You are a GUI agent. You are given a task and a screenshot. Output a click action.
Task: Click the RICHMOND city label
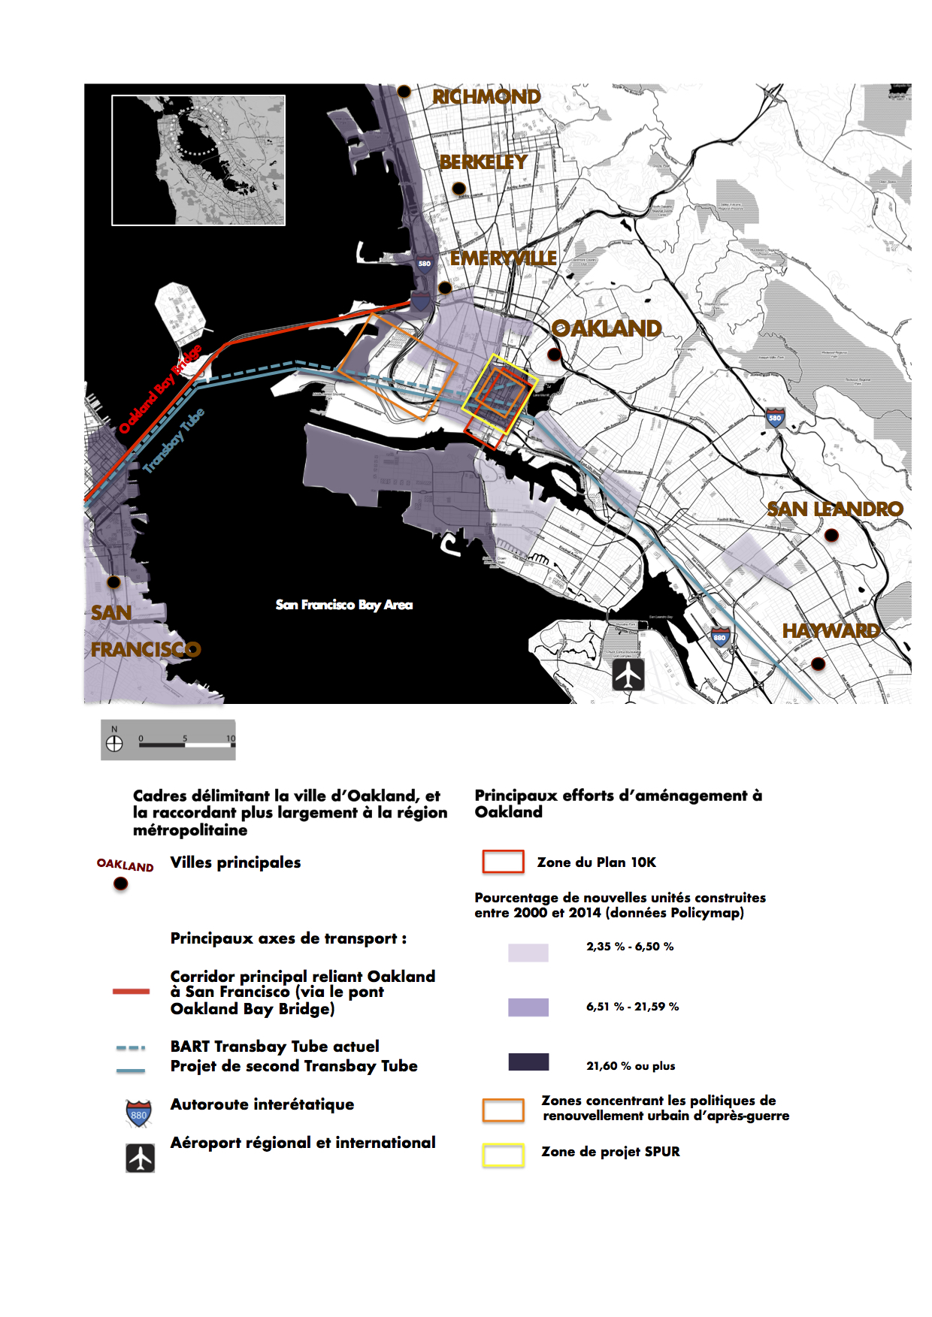point(486,97)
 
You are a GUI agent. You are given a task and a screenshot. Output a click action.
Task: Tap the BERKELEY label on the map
point(483,162)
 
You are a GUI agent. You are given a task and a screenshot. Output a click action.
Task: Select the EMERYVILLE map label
point(503,258)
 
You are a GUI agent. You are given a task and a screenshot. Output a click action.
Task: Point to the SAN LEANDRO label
point(835,509)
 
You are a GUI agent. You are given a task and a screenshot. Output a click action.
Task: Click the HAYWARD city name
point(831,631)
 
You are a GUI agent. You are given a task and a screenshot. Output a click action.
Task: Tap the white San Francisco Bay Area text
point(344,605)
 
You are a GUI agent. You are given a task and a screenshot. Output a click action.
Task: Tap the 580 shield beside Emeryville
point(425,263)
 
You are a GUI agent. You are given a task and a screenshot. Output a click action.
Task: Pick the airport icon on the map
point(628,675)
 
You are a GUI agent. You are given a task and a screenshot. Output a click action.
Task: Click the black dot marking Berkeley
point(459,188)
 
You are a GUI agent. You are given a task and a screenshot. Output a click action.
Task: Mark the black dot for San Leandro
point(831,536)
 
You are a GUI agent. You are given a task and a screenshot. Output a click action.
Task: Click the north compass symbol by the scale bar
point(114,743)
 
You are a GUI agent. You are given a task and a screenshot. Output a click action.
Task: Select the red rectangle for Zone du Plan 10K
point(503,862)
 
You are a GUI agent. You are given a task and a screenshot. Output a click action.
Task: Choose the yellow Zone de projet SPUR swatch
point(503,1155)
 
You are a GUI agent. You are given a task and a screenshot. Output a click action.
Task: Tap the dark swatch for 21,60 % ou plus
point(528,1062)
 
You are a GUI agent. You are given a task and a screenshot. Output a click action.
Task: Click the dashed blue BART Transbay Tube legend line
point(131,1047)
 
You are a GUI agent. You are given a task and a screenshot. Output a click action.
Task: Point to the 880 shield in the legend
point(139,1113)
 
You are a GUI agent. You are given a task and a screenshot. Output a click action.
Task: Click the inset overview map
point(198,160)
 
